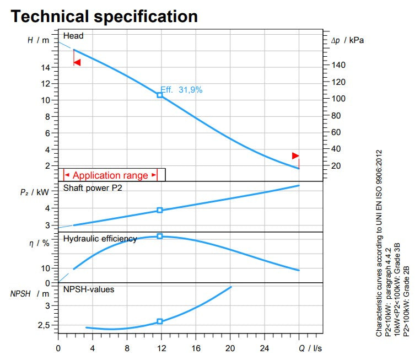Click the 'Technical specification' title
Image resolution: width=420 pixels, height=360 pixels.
(x=104, y=16)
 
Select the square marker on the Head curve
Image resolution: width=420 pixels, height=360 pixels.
(x=160, y=95)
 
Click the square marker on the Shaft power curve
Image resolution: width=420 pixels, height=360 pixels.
(x=160, y=210)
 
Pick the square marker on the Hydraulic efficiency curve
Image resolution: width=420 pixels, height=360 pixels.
(x=160, y=236)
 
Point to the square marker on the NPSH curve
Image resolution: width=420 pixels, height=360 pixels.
(x=160, y=321)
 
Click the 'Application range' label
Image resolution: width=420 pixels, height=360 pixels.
(x=110, y=175)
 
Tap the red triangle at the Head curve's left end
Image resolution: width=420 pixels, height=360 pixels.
(x=77, y=62)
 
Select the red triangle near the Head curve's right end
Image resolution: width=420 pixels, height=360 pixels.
(x=295, y=155)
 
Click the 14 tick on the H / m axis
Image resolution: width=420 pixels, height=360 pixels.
(x=46, y=67)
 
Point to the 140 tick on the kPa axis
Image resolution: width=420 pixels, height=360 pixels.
(x=338, y=65)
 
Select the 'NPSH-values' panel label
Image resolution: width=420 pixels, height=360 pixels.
(x=89, y=288)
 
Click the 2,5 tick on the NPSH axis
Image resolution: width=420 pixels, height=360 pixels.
(x=44, y=325)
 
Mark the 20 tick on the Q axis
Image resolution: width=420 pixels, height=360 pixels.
(x=230, y=348)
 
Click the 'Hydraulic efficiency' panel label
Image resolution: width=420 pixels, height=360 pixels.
(x=100, y=239)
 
